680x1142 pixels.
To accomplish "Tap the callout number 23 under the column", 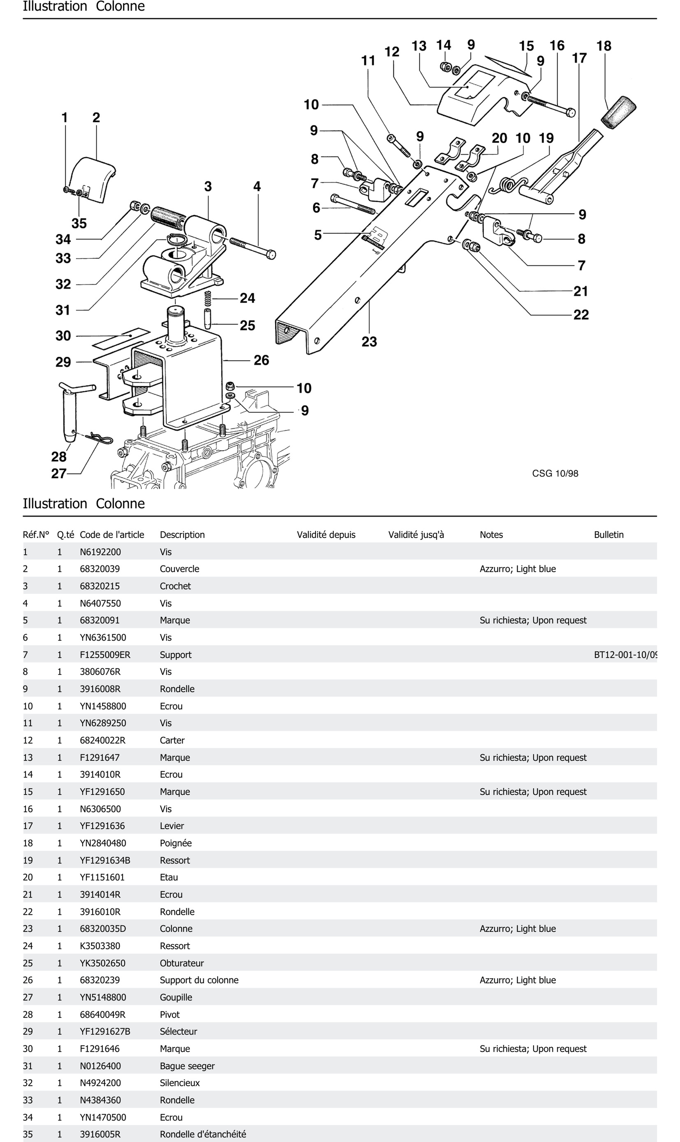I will [369, 342].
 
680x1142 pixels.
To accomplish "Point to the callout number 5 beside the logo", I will [318, 235].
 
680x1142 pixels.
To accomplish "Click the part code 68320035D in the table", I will [103, 929].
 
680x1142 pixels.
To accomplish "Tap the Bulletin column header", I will [608, 535].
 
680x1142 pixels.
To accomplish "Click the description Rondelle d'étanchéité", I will [203, 1134].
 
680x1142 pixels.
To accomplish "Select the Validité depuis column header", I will [326, 535].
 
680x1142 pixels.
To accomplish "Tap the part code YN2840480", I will [103, 843].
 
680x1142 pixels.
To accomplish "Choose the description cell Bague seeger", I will [187, 1066].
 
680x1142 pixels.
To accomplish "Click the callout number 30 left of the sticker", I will [63, 336].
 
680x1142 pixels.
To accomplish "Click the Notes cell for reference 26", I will [517, 980].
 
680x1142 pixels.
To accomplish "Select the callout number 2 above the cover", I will [96, 118].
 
